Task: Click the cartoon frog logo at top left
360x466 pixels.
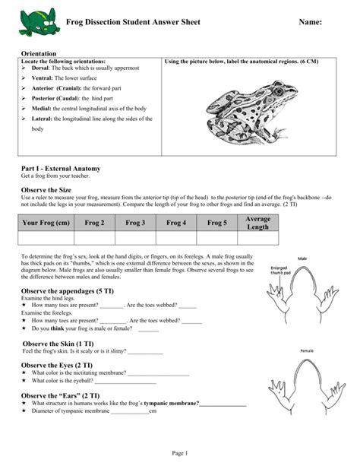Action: click(x=36, y=24)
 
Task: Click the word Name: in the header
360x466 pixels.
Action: click(x=308, y=24)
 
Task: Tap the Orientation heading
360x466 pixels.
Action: click(x=43, y=54)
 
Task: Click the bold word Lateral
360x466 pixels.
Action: click(x=43, y=119)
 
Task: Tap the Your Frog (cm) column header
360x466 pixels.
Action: click(x=46, y=223)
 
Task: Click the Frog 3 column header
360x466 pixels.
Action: click(x=135, y=223)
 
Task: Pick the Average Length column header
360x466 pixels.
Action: click(x=258, y=223)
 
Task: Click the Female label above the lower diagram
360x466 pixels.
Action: click(x=307, y=350)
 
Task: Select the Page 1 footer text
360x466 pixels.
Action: click(x=180, y=453)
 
